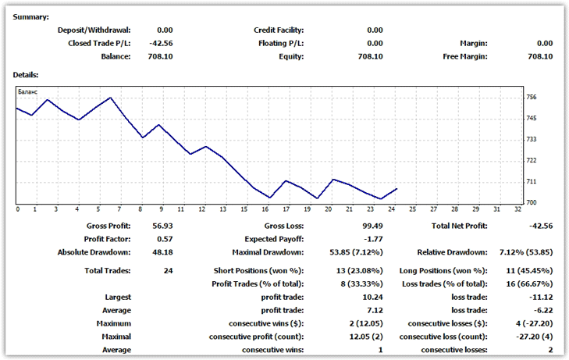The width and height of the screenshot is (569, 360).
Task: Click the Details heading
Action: [x=26, y=74]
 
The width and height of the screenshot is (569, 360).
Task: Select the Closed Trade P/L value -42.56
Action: [x=160, y=43]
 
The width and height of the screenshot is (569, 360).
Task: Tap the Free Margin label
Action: [x=464, y=56]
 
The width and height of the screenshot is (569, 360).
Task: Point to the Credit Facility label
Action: [x=279, y=30]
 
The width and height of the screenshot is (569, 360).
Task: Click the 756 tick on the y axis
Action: [x=532, y=98]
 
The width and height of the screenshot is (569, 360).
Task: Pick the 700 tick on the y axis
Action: [x=532, y=202]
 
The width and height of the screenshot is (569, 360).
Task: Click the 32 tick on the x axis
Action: [x=517, y=209]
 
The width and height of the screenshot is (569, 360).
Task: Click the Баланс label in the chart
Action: [x=28, y=91]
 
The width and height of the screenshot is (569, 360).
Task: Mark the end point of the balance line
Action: [x=397, y=188]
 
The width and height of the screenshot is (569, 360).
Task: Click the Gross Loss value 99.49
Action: [x=371, y=225]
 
